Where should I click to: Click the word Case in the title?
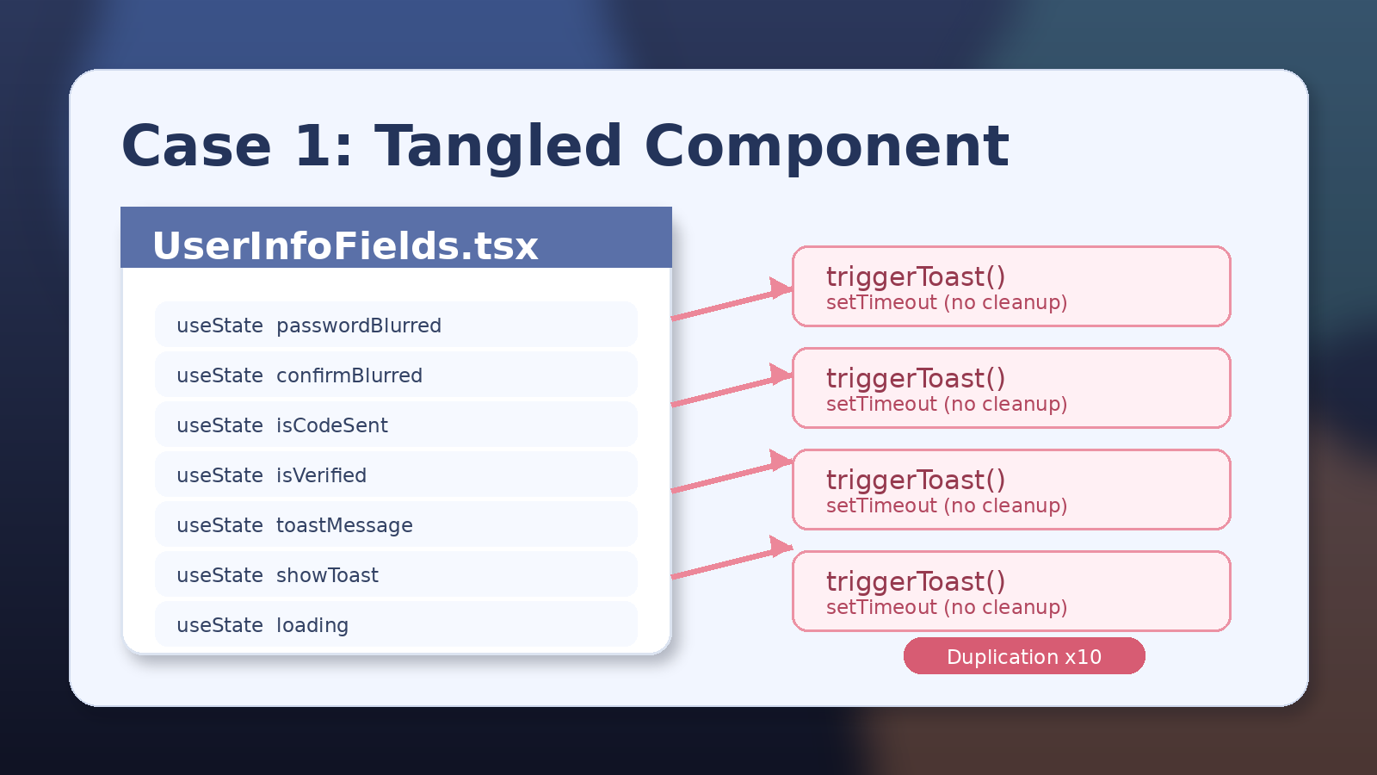click(196, 146)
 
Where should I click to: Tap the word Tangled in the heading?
click(498, 146)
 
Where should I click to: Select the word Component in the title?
click(826, 146)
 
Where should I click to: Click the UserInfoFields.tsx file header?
click(396, 239)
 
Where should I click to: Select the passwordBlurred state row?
click(396, 325)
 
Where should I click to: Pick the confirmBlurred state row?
click(396, 375)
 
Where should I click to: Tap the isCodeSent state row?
click(396, 425)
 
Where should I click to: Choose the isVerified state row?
click(396, 474)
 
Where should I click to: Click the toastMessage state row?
click(396, 524)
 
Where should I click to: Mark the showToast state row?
click(396, 574)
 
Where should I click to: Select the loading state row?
click(396, 624)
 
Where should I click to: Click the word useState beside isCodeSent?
click(219, 425)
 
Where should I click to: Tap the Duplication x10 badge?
click(1024, 656)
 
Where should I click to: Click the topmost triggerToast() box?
click(1011, 287)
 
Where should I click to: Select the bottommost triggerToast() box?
click(1011, 592)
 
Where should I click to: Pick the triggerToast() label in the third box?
click(916, 480)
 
